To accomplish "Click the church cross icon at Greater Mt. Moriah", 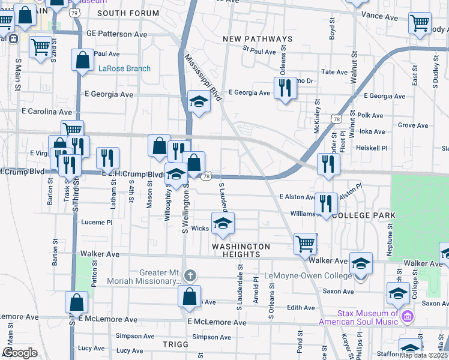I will (190, 277).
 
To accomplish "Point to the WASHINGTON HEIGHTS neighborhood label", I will (241, 250).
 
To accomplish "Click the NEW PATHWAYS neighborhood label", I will (258, 39).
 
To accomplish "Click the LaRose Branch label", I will (125, 68).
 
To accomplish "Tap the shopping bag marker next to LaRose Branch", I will (83, 60).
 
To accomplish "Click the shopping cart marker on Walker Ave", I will (306, 243).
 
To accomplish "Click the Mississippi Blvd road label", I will (204, 79).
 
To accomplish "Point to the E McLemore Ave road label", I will (217, 322).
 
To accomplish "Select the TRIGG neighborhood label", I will (175, 344).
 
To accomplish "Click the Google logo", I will (20, 353).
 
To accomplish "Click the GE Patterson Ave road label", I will (116, 34).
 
